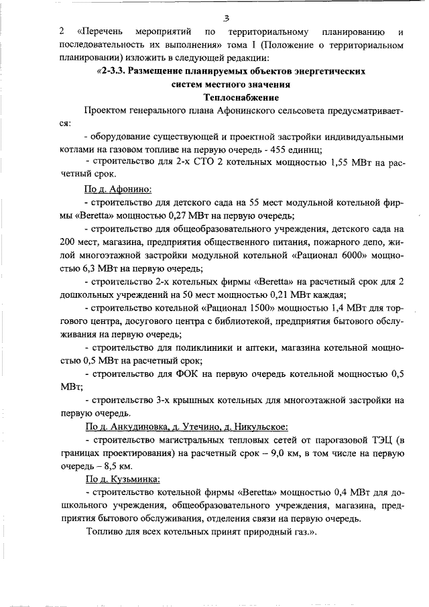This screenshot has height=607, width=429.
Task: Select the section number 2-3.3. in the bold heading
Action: pos(115,70)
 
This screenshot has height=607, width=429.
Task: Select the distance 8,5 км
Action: pos(119,465)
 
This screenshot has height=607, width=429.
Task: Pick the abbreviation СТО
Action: pos(201,162)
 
